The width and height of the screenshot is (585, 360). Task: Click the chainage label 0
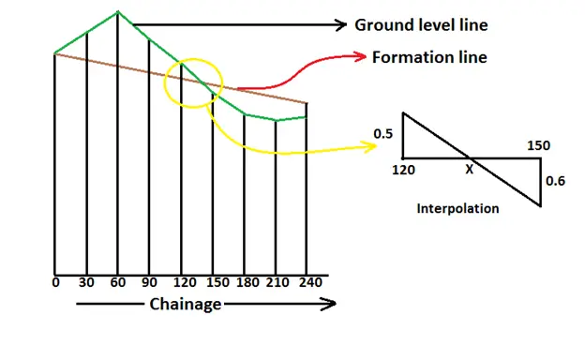pyautogui.click(x=56, y=281)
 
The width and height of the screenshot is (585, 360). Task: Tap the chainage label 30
pyautogui.click(x=86, y=281)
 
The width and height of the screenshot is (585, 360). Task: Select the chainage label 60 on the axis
pyautogui.click(x=118, y=281)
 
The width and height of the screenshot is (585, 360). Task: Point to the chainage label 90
pyautogui.click(x=149, y=281)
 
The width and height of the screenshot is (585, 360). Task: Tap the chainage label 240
pyautogui.click(x=307, y=281)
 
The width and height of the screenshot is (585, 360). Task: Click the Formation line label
pyautogui.click(x=429, y=57)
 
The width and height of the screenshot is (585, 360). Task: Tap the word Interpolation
pyautogui.click(x=457, y=208)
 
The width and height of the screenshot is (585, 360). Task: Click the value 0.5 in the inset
pyautogui.click(x=382, y=134)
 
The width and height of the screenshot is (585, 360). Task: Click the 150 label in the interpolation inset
pyautogui.click(x=538, y=145)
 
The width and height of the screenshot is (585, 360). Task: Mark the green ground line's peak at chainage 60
pyautogui.click(x=118, y=12)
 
